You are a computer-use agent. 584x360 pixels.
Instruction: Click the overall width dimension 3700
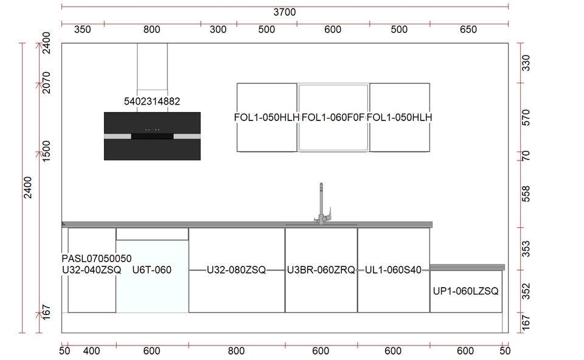click(284, 12)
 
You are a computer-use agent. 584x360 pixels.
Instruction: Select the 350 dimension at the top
click(82, 30)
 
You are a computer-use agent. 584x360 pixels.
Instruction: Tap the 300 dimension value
click(218, 30)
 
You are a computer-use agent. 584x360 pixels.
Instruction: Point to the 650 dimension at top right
click(468, 30)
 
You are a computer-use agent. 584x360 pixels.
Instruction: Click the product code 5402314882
click(151, 102)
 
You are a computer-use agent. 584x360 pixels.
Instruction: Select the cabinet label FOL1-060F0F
click(333, 117)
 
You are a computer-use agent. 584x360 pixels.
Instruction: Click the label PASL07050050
click(96, 258)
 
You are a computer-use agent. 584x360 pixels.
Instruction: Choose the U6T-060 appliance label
click(151, 270)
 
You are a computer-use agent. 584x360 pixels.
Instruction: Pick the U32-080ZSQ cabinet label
click(236, 270)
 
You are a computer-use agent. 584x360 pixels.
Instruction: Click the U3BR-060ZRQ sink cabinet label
click(321, 270)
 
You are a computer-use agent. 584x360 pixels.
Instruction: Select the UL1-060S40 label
click(393, 270)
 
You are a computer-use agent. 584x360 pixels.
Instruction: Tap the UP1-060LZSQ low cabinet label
click(465, 291)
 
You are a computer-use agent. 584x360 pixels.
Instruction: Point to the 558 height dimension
click(527, 194)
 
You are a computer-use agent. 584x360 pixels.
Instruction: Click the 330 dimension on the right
click(527, 63)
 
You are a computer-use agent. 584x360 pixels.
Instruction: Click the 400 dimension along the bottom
click(91, 351)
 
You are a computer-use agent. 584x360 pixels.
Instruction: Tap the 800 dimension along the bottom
click(236, 351)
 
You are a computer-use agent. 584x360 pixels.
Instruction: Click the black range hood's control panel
click(152, 135)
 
